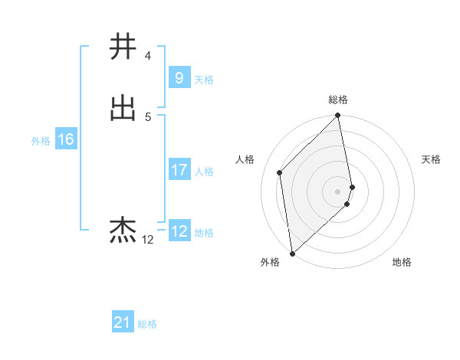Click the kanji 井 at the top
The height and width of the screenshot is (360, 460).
coord(123,47)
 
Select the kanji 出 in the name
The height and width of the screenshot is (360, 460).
coord(123,108)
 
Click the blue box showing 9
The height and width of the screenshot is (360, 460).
coord(179,77)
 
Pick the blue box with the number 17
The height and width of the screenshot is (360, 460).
coord(179,170)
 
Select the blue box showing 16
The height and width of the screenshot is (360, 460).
coord(66,139)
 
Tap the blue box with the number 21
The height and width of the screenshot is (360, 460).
coord(123,323)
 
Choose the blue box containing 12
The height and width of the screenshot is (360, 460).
coord(179,231)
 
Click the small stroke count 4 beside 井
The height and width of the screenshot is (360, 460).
coord(147,56)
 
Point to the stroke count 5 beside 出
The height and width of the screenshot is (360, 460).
coord(147,117)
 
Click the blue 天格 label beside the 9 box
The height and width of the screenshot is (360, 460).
coord(204,79)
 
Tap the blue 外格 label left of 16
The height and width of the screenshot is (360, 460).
coord(41,141)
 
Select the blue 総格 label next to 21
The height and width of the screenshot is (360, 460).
coord(147,325)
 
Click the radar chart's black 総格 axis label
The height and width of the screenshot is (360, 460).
coord(338,100)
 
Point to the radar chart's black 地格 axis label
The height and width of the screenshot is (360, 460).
coord(402,263)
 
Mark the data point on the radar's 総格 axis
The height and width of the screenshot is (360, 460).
coord(338,116)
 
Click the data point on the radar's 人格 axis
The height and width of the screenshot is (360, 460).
coord(280,172)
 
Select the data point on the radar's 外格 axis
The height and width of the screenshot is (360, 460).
coord(292,253)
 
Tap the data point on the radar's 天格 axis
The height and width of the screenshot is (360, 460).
coord(353,186)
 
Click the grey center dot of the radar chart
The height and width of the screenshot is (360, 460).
coord(338,191)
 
